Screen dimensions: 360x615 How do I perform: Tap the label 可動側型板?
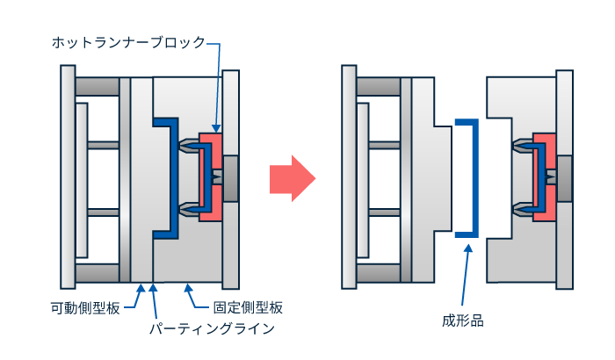(x=86, y=308)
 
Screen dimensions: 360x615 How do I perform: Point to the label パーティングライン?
(x=212, y=329)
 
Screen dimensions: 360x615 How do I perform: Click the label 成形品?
(x=462, y=321)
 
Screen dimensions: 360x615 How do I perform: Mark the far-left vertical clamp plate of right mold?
(x=349, y=178)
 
